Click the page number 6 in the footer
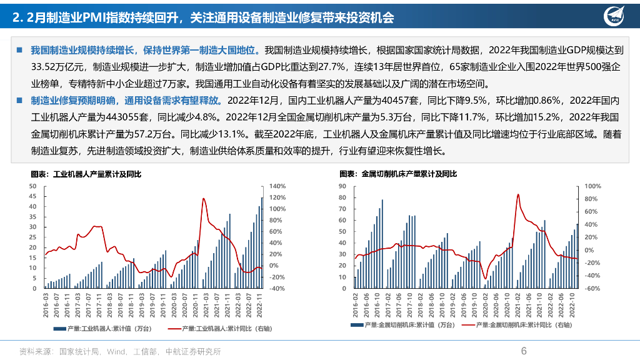pos(524,351)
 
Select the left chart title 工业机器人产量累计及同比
pos(86,174)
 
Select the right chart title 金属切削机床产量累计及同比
pos(398,174)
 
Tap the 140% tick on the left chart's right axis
pos(277,186)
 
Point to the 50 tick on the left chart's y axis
pos(32,186)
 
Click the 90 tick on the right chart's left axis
pos(341,186)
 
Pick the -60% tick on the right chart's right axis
pos(593,289)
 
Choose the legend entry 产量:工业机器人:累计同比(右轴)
pos(222,327)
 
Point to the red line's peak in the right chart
pos(517,194)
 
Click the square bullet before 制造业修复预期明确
pos(20,99)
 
